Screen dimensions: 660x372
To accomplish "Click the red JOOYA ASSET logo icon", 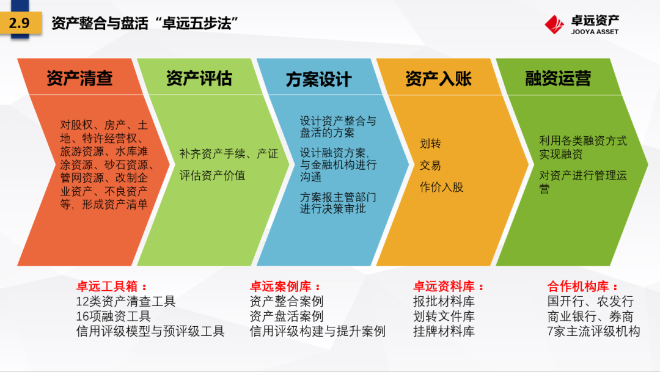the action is click(554, 24).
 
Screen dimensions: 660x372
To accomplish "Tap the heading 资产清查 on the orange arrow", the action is click(79, 78).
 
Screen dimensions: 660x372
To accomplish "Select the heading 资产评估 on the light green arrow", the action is click(199, 78).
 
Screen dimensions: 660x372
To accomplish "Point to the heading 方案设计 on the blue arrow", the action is click(318, 79).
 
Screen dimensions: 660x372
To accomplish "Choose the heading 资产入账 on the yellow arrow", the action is click(438, 79).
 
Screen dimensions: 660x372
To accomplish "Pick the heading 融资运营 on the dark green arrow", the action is click(558, 78).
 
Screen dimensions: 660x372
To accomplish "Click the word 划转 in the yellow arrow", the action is click(430, 144).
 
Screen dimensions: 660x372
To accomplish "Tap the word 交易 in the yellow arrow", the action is click(430, 166).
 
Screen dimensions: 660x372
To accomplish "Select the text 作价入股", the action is click(442, 188).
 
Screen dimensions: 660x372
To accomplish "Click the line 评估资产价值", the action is click(212, 175).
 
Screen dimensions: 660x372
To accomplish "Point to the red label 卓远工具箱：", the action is click(112, 286).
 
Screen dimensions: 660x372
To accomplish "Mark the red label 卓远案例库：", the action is click(285, 286).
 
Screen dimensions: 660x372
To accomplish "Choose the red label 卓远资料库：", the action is click(449, 286).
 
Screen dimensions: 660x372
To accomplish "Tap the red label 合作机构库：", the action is click(583, 286).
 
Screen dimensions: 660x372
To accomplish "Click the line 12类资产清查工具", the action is click(126, 301).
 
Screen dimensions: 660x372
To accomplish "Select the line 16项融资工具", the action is click(113, 316).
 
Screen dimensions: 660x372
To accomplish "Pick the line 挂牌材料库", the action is click(444, 331).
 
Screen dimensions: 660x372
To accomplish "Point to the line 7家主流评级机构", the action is click(593, 331).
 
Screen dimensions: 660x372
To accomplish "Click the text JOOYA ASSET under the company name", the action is click(595, 32).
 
